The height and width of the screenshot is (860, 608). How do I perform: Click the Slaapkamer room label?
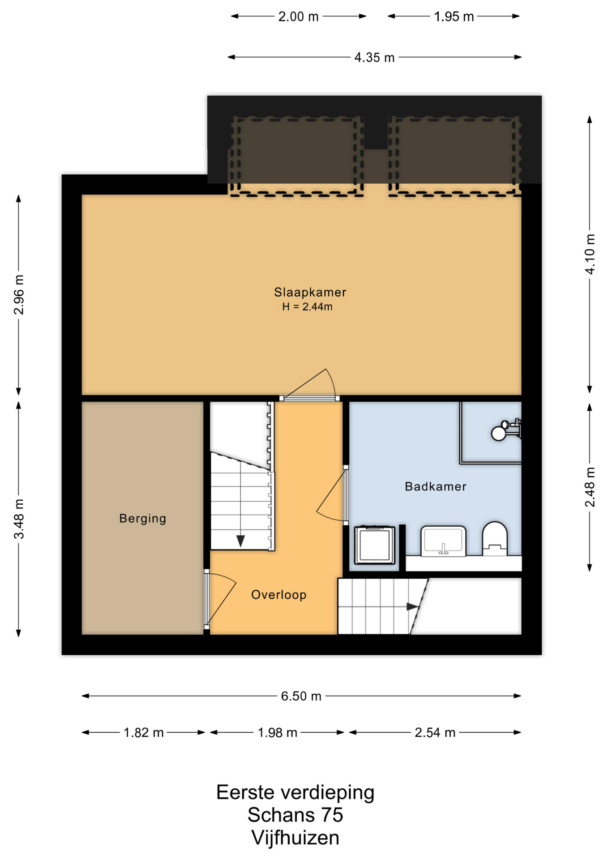pos(310,292)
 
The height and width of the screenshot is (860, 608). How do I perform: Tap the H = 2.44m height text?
pos(307,307)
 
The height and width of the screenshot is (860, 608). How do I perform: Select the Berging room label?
pos(142,518)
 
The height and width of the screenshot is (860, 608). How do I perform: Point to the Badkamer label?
pos(436,486)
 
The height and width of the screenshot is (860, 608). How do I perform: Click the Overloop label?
pos(278,595)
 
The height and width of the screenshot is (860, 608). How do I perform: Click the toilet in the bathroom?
pos(495,539)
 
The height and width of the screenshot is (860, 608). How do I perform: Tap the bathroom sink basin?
pos(443,541)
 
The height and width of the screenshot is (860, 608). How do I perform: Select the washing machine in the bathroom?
pos(375,545)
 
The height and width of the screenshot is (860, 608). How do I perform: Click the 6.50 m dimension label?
pos(301,696)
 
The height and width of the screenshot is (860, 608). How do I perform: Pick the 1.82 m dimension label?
pos(143,732)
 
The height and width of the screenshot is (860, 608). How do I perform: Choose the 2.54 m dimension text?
pos(435,732)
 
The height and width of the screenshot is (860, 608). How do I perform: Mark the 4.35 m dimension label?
pos(374,57)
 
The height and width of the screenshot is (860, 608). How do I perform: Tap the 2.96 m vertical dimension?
pos(19,295)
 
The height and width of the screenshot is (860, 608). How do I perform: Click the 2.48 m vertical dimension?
pos(590,487)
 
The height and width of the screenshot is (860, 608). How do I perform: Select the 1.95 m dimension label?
pos(454,17)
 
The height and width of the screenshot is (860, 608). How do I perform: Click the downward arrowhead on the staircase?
pos(240,541)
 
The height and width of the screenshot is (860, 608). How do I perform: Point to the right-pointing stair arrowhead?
pos(412,606)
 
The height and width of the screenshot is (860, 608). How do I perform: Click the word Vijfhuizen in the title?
pos(295,838)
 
